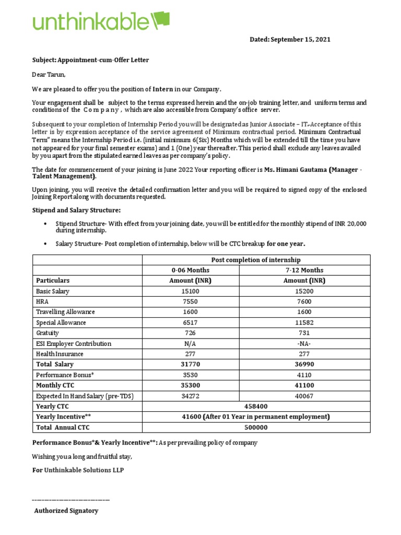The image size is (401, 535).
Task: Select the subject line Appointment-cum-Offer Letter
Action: click(x=90, y=60)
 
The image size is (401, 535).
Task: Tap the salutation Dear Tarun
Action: click(x=49, y=75)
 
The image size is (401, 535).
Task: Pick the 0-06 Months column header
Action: click(x=191, y=270)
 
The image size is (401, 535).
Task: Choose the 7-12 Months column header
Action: click(x=304, y=270)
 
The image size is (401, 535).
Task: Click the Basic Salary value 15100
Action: click(x=191, y=291)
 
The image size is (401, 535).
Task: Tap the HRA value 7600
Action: click(x=304, y=301)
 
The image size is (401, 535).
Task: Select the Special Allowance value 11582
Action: click(x=304, y=322)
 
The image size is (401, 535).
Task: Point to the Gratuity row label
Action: click(x=48, y=333)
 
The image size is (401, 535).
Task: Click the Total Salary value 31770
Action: click(x=191, y=364)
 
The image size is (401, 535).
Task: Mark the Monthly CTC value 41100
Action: click(x=304, y=386)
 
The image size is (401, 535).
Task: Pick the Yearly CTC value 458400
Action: click(x=256, y=406)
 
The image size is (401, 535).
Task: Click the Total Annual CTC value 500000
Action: click(x=256, y=427)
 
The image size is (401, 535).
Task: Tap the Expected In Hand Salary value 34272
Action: click(x=191, y=396)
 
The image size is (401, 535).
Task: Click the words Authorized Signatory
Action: click(x=66, y=510)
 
